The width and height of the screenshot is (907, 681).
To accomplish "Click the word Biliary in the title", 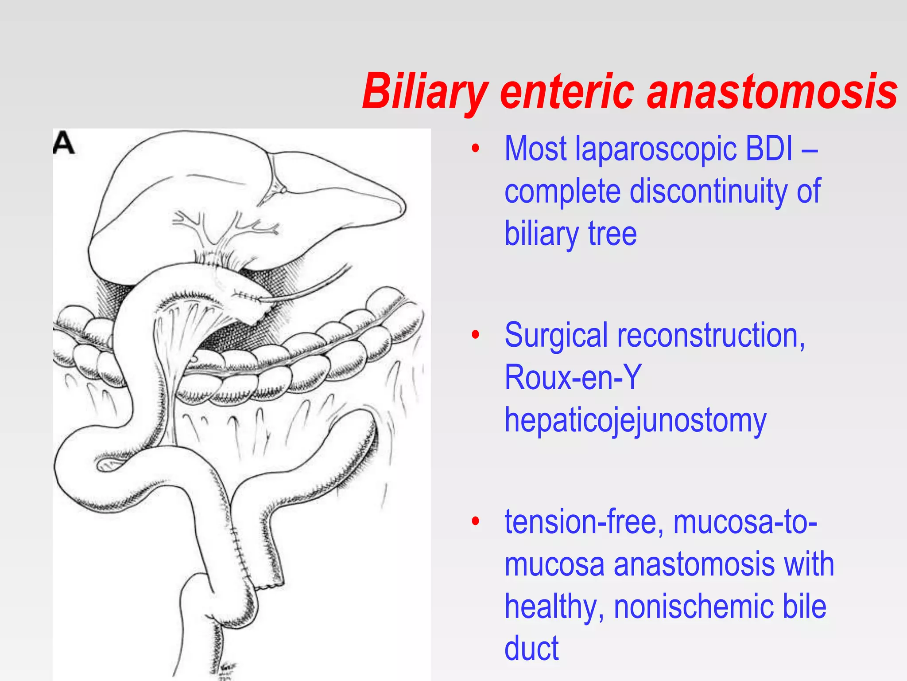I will [x=425, y=92].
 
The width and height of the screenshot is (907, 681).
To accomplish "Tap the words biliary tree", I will [x=570, y=234].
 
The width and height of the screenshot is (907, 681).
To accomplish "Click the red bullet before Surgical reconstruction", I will [x=476, y=335].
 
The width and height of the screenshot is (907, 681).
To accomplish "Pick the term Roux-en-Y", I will [x=573, y=377].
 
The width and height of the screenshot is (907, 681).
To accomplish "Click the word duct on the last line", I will [x=531, y=648].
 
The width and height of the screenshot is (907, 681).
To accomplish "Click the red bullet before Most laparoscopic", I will [x=476, y=149].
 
